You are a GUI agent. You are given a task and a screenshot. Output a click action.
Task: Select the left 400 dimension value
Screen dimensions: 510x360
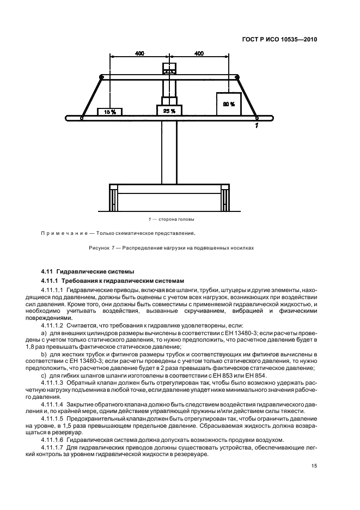tap(139, 53)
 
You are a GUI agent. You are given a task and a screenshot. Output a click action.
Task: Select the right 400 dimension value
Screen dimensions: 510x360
tap(199, 53)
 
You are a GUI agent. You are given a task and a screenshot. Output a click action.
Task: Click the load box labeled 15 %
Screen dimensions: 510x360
tap(109, 112)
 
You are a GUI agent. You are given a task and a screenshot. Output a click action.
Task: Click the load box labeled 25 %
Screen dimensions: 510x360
tap(169, 111)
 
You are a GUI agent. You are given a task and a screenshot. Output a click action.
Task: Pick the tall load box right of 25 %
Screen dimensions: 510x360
tap(229, 104)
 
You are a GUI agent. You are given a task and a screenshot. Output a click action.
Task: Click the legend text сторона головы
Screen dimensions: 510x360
tap(176, 219)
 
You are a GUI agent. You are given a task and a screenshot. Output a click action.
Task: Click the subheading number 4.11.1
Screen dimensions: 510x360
tap(51, 280)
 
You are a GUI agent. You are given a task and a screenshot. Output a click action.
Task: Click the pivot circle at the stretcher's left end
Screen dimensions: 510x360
tap(81, 117)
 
